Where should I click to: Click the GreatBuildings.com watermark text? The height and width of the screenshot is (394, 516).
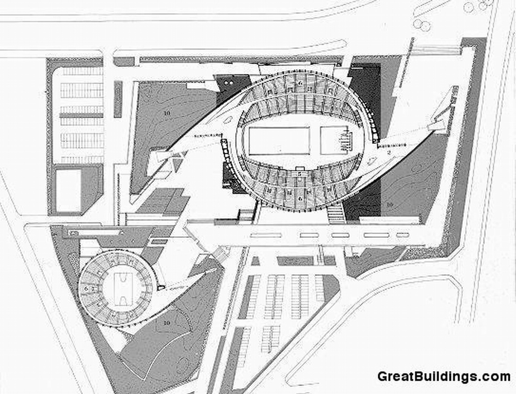[x=444, y=376]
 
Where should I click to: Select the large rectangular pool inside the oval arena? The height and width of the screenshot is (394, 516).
[x=279, y=141]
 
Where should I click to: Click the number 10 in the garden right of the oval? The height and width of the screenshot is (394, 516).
[x=390, y=204]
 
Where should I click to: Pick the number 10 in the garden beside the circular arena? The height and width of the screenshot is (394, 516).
[x=166, y=323]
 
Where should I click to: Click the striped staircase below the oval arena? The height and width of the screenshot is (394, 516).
[x=336, y=213]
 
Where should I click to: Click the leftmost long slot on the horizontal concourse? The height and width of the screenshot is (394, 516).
[x=266, y=236]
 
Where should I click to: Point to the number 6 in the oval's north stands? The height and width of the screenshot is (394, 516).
[x=300, y=82]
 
